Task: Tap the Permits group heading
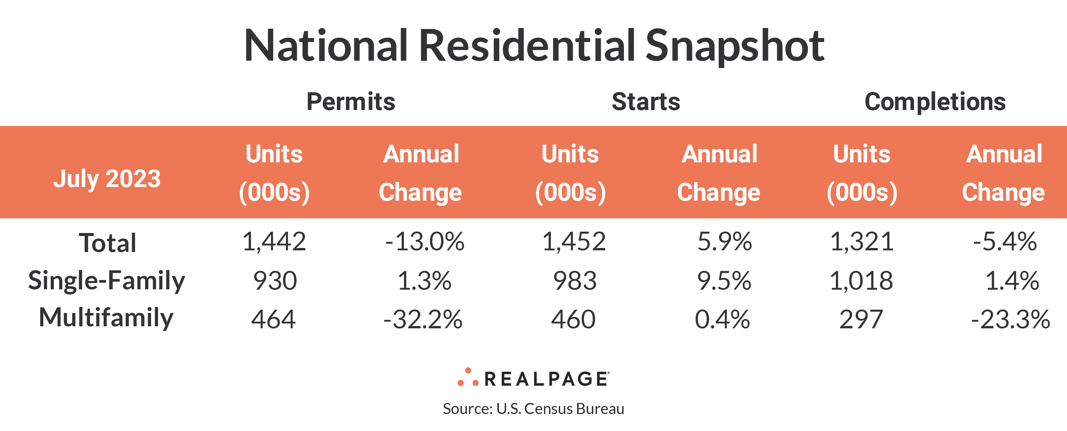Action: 351,102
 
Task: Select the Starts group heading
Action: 646,102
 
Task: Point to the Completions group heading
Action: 935,102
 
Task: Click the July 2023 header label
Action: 107,179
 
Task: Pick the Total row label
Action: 107,243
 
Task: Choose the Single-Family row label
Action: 106,281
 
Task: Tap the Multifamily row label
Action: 106,318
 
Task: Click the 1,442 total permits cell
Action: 274,242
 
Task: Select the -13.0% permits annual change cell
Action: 425,242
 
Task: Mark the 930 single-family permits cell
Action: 275,281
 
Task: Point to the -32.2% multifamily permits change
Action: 423,320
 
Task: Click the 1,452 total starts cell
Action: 574,242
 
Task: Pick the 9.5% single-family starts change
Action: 724,281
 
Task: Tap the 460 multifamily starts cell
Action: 573,320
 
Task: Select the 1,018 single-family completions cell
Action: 861,281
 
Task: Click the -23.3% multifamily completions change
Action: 1011,320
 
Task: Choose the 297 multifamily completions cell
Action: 861,320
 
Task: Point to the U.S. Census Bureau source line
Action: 533,409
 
